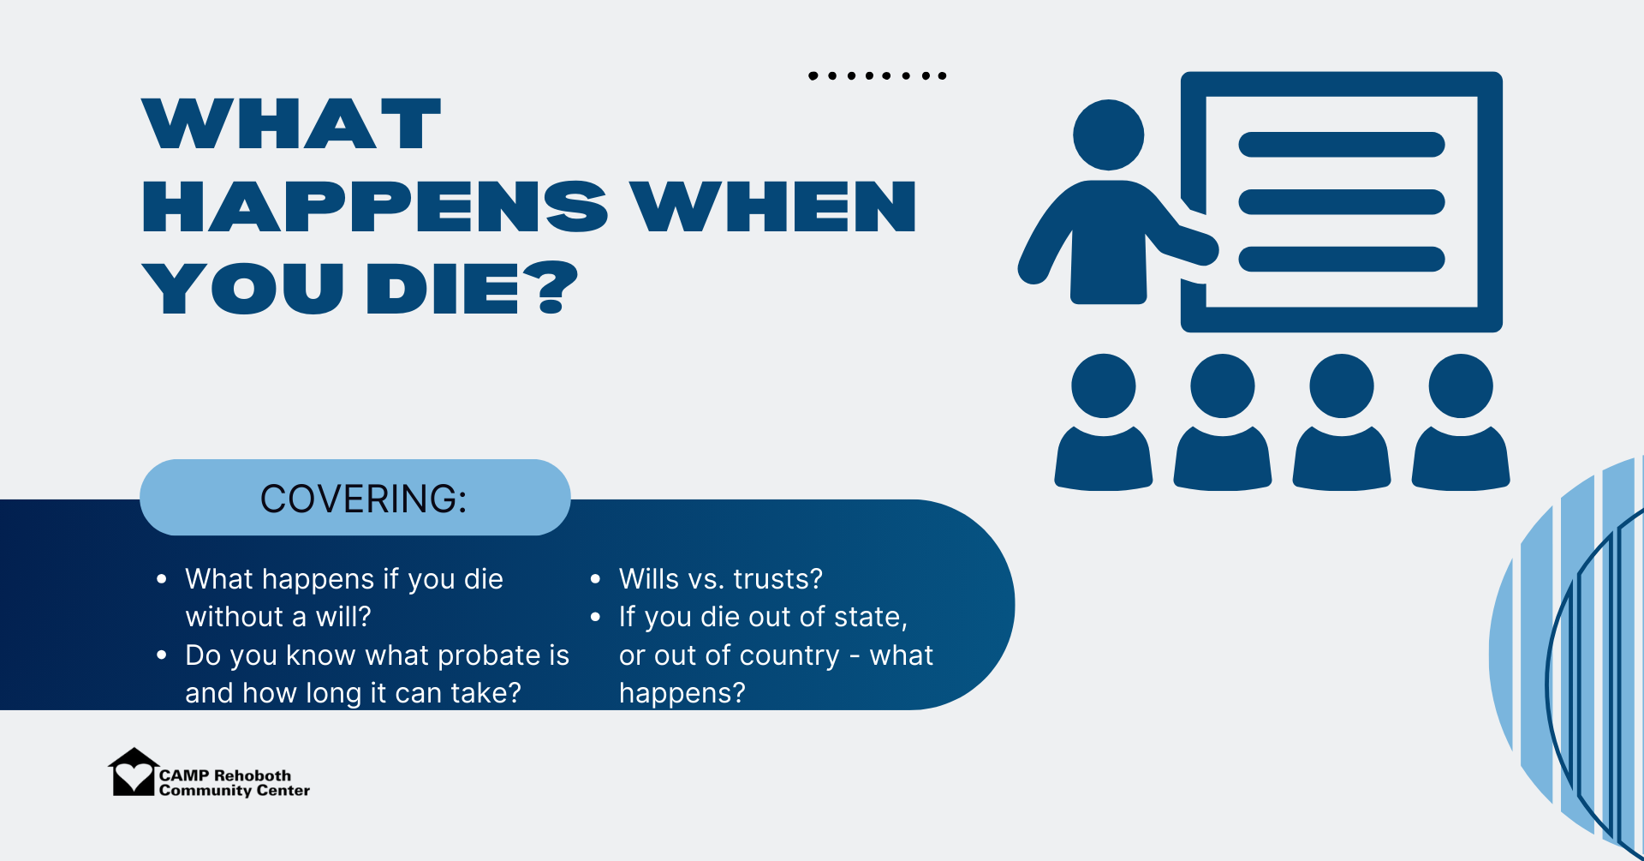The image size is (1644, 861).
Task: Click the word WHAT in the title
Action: point(292,124)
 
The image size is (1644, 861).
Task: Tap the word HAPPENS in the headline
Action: point(375,206)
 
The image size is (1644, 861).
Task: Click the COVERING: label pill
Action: point(355,498)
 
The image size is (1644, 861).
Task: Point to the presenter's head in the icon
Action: point(1109,135)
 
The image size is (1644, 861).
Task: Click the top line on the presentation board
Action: point(1342,145)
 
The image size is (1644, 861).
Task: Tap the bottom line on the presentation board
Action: point(1342,259)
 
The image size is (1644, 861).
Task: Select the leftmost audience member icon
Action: point(1104,422)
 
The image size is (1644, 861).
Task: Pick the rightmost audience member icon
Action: point(1461,422)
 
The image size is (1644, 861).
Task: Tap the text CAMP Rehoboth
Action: point(225,775)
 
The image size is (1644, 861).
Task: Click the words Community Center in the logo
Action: point(235,791)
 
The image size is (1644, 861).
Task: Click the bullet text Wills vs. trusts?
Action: point(721,579)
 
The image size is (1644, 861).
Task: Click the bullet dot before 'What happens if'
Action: point(162,579)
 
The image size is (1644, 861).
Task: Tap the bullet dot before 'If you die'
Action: point(596,617)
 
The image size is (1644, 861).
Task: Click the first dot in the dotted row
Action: point(813,76)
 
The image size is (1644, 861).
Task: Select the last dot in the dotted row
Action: point(942,76)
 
